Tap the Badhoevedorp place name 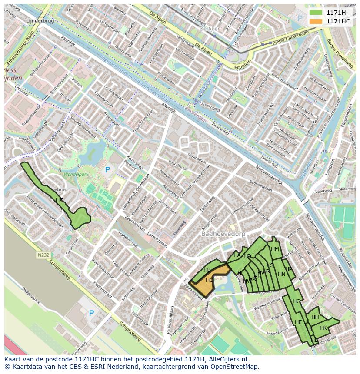click(x=223, y=234)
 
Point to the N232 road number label click(x=43, y=255)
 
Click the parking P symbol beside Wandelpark click(x=107, y=169)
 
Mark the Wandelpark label click(x=76, y=174)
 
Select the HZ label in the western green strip click(x=59, y=200)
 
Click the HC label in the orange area click(x=210, y=280)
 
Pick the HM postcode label click(x=275, y=249)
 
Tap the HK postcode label click(x=323, y=328)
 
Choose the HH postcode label click(x=315, y=317)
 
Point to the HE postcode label click(x=298, y=322)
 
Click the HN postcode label click(x=281, y=274)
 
